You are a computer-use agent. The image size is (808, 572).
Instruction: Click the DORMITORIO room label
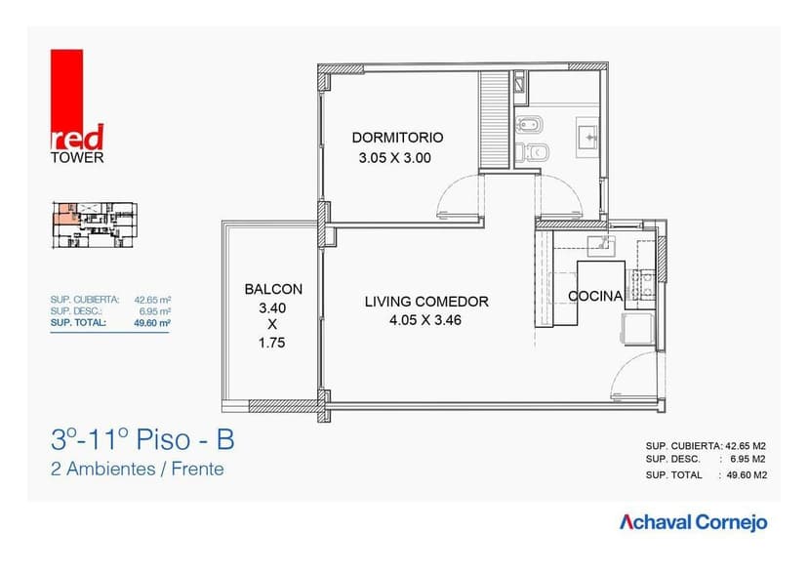click(x=397, y=138)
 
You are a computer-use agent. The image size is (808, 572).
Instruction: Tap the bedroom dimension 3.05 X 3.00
click(x=394, y=157)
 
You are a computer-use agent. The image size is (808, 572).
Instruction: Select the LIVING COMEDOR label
click(x=426, y=302)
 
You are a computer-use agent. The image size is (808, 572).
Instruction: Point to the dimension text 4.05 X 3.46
click(x=426, y=319)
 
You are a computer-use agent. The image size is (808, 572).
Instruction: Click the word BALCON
click(x=273, y=289)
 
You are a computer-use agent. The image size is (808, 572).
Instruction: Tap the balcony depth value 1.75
click(x=273, y=343)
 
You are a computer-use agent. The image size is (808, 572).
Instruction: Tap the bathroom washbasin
click(x=588, y=135)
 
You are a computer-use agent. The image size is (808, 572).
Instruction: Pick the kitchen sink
click(x=597, y=242)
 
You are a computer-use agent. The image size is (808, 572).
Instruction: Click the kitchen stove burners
click(x=643, y=284)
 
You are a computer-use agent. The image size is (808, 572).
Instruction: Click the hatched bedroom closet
click(x=495, y=118)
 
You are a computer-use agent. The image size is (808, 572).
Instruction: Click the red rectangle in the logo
click(x=68, y=93)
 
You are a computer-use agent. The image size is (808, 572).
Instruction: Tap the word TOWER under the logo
click(x=77, y=157)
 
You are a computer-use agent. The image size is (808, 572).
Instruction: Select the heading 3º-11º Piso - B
click(x=142, y=440)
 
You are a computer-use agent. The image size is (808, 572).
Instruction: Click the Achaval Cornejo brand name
click(x=694, y=522)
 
